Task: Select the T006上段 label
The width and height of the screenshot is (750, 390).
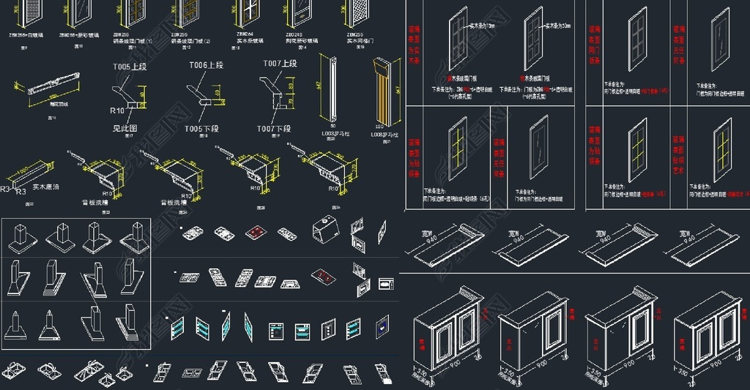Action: (207, 65)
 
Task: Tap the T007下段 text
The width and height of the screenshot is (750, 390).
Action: (273, 129)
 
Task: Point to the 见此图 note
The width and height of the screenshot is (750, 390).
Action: (125, 128)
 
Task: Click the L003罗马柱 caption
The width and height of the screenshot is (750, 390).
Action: (333, 135)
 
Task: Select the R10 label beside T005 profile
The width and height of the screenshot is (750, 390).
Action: (116, 111)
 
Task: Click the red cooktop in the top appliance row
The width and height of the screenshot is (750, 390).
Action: (254, 232)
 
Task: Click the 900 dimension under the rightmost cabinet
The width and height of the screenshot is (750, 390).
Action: (708, 364)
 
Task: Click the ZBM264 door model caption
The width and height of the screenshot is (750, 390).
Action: (245, 34)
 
